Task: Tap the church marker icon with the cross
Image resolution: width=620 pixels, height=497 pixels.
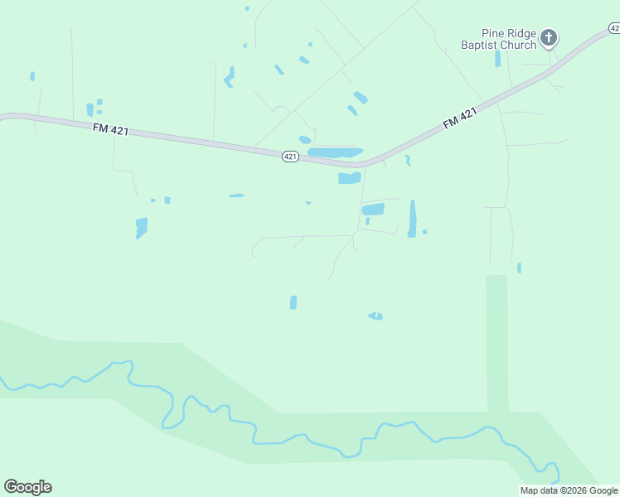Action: pyautogui.click(x=548, y=37)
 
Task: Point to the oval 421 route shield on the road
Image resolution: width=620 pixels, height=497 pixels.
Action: pyautogui.click(x=289, y=157)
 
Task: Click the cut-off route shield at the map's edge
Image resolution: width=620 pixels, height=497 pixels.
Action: pyautogui.click(x=614, y=28)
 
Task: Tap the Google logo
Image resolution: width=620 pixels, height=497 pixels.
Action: pyautogui.click(x=27, y=487)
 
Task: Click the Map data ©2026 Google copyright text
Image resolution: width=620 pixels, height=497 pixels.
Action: pyautogui.click(x=569, y=490)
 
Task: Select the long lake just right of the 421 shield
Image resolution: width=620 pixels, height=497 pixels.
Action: pyautogui.click(x=335, y=152)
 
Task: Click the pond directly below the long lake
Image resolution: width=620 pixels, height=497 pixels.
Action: pyautogui.click(x=349, y=178)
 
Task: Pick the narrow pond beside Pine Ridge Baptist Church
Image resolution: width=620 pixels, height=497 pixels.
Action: pyautogui.click(x=497, y=59)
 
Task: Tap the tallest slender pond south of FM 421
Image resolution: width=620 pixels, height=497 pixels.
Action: pyautogui.click(x=412, y=219)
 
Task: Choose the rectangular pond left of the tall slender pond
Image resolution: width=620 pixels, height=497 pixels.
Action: pyautogui.click(x=373, y=210)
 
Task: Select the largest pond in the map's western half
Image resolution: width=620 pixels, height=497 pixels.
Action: pyautogui.click(x=141, y=227)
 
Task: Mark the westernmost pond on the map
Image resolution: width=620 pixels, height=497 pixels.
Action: pyautogui.click(x=32, y=76)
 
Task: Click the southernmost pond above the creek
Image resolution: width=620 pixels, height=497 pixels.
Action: pyautogui.click(x=375, y=316)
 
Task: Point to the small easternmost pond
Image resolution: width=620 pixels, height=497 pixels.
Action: pyautogui.click(x=519, y=268)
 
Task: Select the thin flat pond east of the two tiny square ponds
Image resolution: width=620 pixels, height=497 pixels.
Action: pyautogui.click(x=237, y=195)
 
